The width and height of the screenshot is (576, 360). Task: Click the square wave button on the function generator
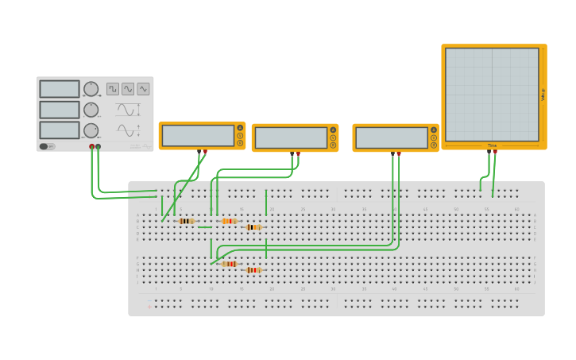click(x=113, y=89)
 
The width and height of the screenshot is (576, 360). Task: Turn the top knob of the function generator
click(x=91, y=88)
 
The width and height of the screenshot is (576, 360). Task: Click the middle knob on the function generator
click(x=91, y=110)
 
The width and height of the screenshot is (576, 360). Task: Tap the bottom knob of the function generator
click(x=91, y=130)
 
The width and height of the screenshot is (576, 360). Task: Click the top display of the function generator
click(x=60, y=89)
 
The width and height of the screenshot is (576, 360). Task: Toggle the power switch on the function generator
click(x=48, y=146)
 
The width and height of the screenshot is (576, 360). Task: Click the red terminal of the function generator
click(x=92, y=147)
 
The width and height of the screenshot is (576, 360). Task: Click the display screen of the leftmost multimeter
click(x=198, y=136)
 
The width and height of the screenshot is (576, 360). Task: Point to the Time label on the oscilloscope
click(x=492, y=145)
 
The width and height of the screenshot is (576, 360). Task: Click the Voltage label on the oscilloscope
click(x=543, y=94)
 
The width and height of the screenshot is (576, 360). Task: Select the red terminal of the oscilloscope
click(x=495, y=151)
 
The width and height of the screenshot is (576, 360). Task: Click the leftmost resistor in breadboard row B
click(x=186, y=221)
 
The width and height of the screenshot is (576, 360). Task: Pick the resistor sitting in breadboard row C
click(x=253, y=227)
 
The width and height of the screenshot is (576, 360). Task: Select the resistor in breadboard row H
click(x=253, y=270)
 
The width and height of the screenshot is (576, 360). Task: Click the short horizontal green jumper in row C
click(x=205, y=227)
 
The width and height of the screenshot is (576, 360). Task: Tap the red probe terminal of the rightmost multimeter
click(x=399, y=153)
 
